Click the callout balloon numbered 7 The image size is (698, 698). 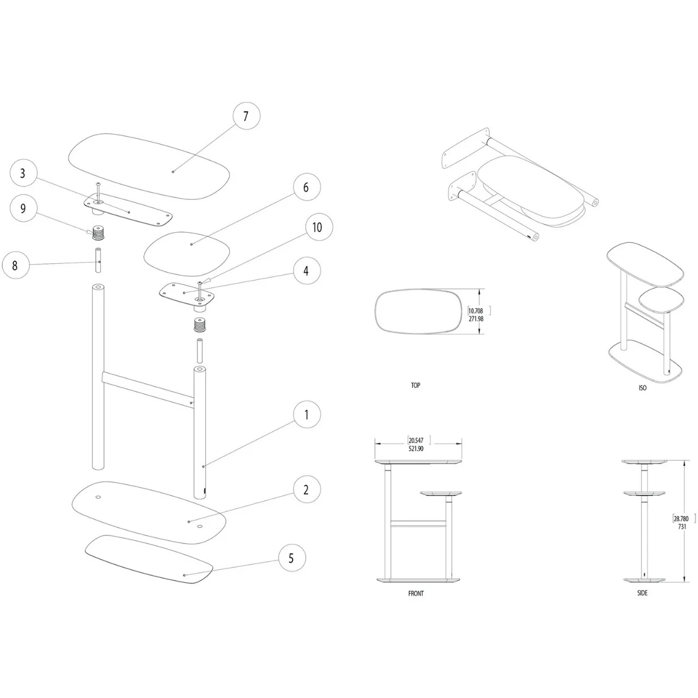(x=245, y=116)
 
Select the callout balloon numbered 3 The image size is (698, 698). (x=22, y=174)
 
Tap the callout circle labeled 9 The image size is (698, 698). (x=22, y=209)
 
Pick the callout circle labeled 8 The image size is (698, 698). (x=15, y=266)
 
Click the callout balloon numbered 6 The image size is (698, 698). (x=306, y=188)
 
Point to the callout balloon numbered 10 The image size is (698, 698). (x=317, y=227)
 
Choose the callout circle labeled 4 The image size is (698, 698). (x=306, y=270)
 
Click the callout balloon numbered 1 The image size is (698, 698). (x=306, y=415)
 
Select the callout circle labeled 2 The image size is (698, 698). (x=306, y=489)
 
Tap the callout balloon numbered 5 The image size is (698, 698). (x=291, y=558)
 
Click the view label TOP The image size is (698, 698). (x=416, y=386)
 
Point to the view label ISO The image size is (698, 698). (x=642, y=388)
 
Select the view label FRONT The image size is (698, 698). (x=416, y=593)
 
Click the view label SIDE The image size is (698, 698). (x=642, y=593)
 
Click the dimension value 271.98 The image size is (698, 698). (x=476, y=319)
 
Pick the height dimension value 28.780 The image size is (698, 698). (x=681, y=519)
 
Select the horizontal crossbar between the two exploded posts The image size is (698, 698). (x=147, y=388)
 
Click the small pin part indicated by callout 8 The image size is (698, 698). (x=98, y=260)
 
